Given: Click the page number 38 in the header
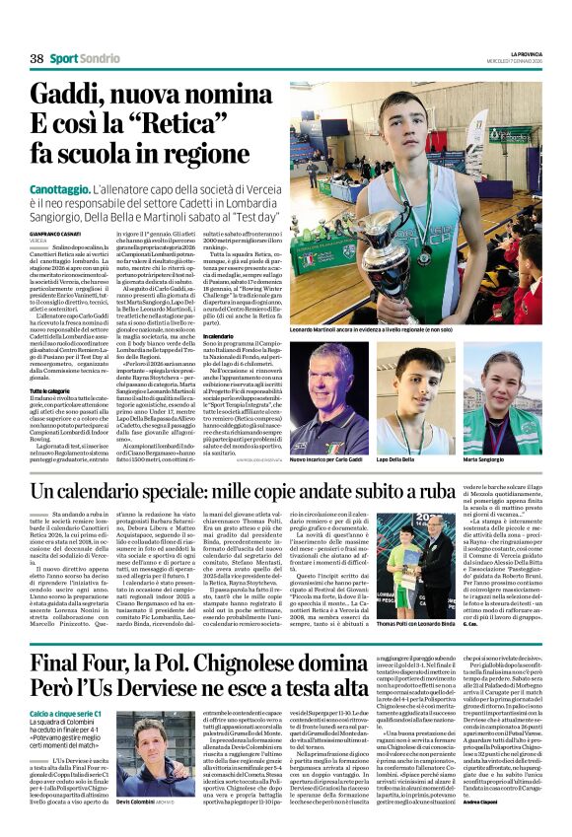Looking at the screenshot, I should coord(36,58).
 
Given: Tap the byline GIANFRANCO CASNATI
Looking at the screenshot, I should coord(56,234).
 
